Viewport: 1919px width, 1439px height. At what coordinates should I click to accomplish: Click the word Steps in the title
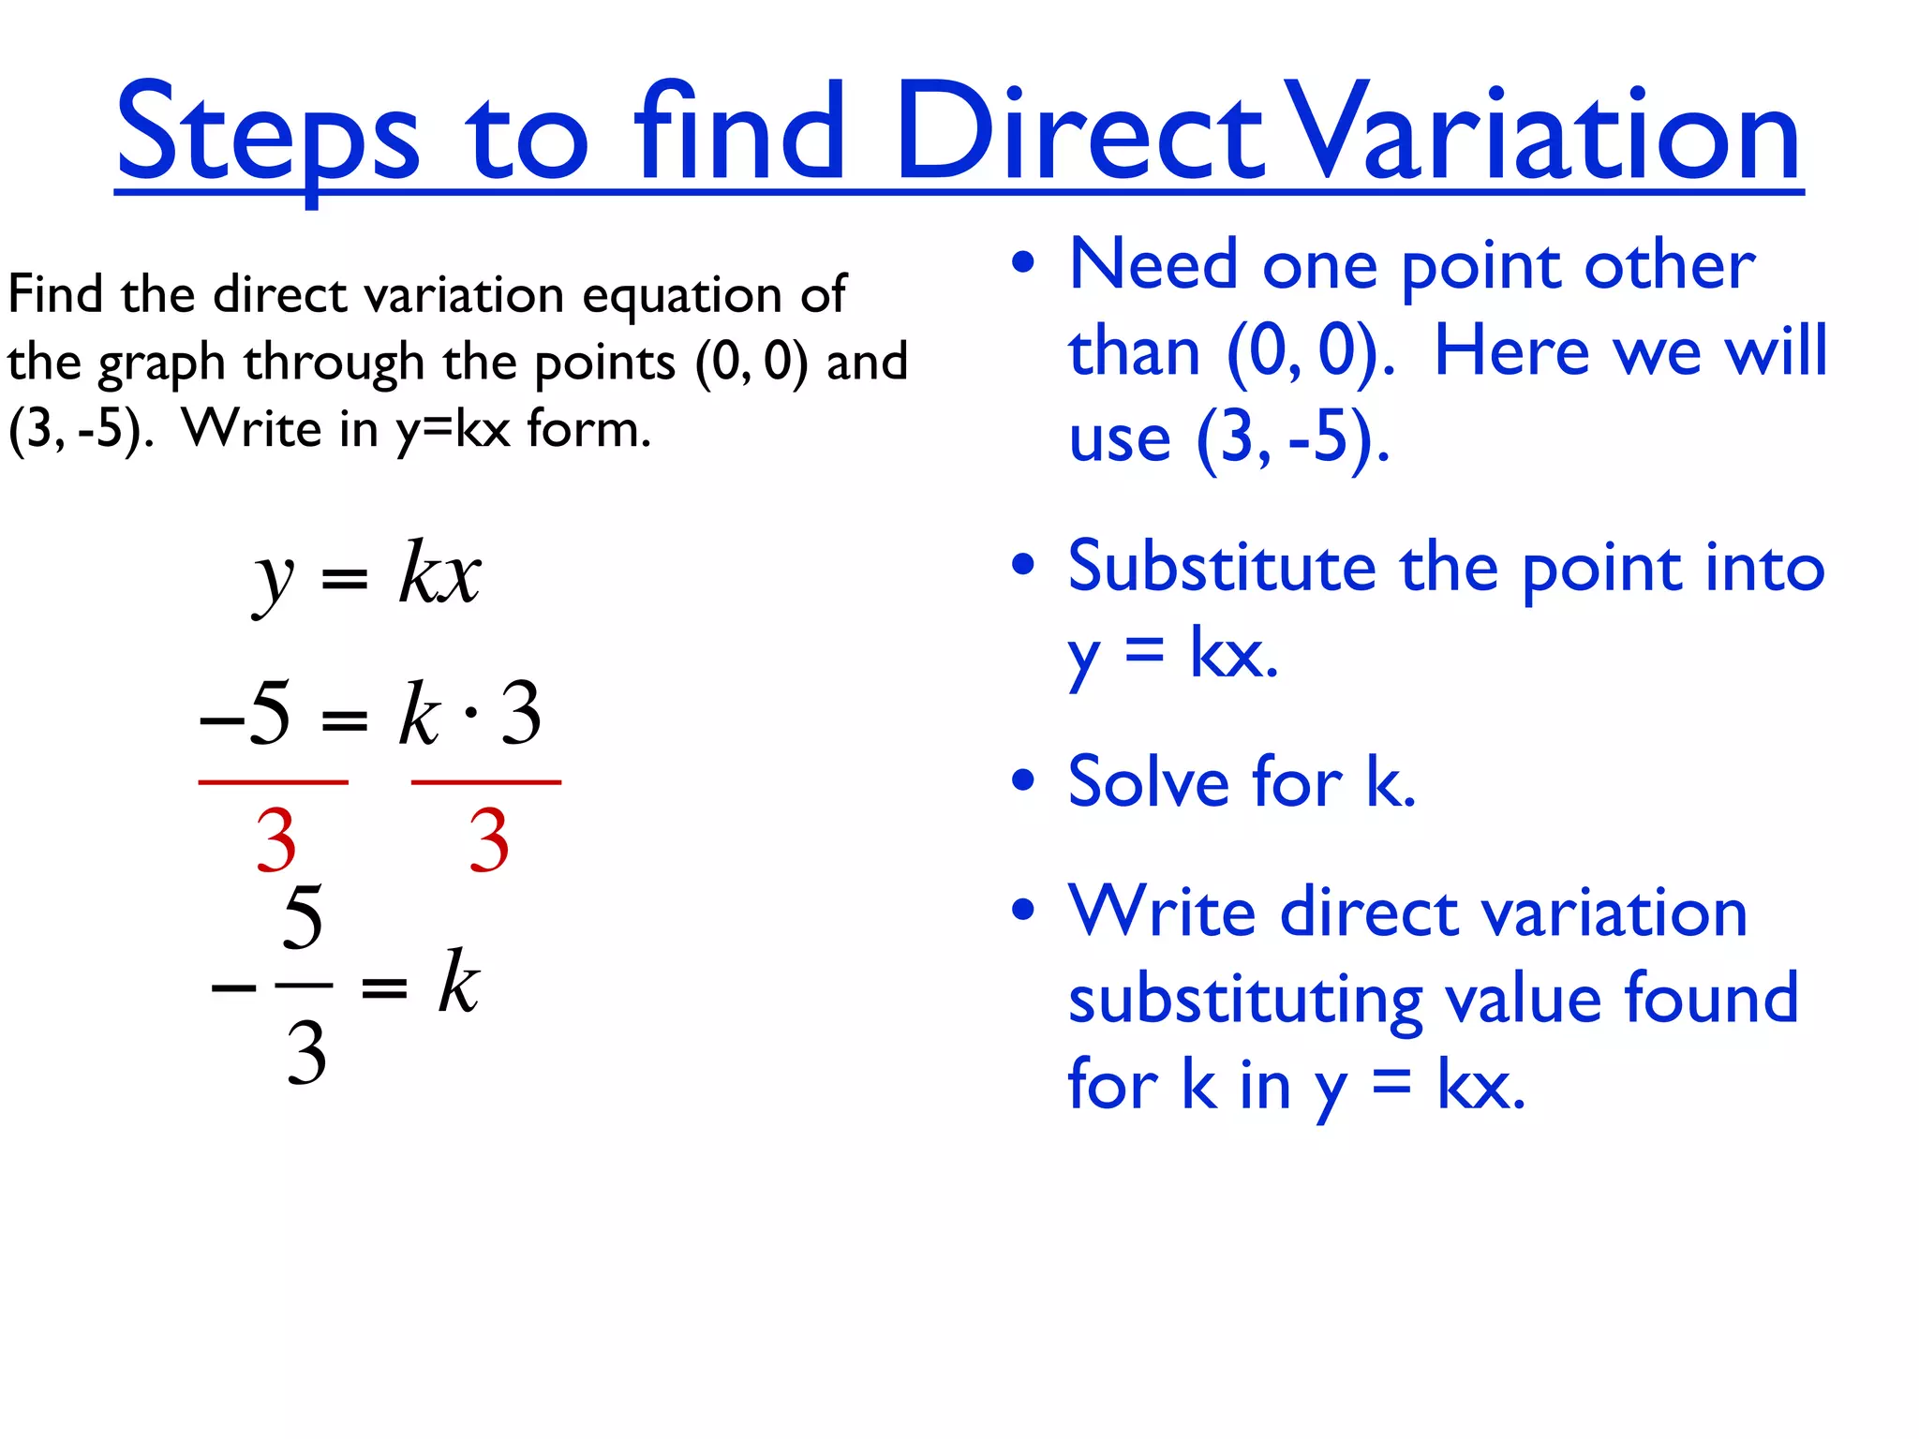(x=267, y=133)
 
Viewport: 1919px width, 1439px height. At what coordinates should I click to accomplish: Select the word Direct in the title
(x=1078, y=133)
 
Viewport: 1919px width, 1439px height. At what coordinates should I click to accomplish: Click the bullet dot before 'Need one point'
(x=1023, y=263)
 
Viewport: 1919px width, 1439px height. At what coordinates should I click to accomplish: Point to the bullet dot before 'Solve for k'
(x=1023, y=779)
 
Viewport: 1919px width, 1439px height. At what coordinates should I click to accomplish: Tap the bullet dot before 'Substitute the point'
(x=1023, y=565)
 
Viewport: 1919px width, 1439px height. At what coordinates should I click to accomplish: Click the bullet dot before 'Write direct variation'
(x=1023, y=909)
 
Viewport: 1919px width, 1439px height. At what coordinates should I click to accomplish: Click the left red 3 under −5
(x=275, y=840)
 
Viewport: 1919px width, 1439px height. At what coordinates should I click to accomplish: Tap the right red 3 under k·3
(x=488, y=840)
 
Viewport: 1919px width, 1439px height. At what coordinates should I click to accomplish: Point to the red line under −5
(x=273, y=781)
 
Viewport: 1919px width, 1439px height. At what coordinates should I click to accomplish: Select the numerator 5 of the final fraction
(x=303, y=917)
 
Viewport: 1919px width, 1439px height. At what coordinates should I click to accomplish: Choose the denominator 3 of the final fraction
(x=305, y=1053)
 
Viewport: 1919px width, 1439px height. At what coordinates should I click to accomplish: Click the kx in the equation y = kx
(x=439, y=572)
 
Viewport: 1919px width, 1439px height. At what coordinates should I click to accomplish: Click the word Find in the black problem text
(x=54, y=294)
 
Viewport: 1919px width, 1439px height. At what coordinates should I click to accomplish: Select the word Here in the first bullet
(x=1511, y=351)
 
